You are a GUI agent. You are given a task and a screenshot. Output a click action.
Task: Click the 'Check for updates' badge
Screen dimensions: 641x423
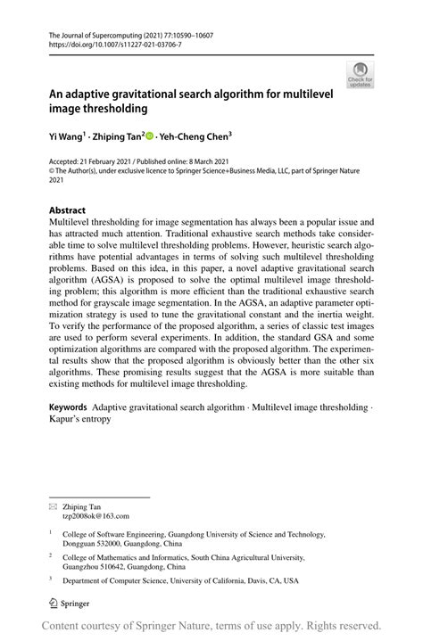click(361, 74)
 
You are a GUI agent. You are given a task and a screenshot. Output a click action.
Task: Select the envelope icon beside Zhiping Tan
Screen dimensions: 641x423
click(53, 505)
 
